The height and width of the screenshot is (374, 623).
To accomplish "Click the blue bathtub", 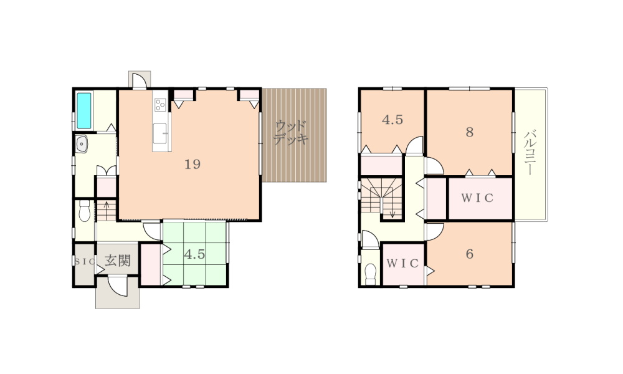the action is [x=84, y=111].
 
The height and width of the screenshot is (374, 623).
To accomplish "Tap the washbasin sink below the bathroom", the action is [x=82, y=144].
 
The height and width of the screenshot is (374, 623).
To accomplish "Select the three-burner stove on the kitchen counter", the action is [x=160, y=105].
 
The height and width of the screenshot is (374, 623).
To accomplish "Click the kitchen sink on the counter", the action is [x=160, y=133].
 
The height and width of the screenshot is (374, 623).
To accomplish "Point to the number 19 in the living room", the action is [x=193, y=164].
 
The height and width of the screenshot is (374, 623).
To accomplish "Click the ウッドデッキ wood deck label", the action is [x=291, y=133].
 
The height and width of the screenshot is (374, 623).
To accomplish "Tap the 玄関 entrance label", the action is [x=118, y=261].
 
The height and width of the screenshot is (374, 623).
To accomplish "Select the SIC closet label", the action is [x=85, y=262].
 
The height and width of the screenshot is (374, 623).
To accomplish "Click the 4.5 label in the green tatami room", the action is [x=194, y=254].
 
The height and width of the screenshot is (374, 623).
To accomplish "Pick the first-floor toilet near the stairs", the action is [x=84, y=211].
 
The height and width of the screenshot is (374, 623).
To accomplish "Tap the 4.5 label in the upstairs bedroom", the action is [x=392, y=120].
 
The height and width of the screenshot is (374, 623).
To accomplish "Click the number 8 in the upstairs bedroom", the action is [x=470, y=132].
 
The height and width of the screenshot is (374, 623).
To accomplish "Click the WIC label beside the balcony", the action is [x=477, y=198].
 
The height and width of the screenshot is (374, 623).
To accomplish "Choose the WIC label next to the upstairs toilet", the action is [x=402, y=264].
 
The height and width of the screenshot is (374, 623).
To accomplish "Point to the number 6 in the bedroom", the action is [x=470, y=254].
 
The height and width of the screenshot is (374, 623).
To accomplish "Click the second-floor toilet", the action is [x=370, y=274].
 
